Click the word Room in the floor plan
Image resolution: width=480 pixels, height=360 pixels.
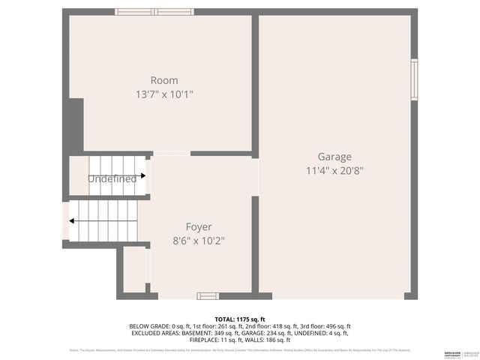(164, 80)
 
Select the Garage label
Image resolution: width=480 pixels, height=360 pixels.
(334, 157)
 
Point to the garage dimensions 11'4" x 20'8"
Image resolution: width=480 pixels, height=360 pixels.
(334, 170)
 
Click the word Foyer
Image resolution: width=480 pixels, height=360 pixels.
(199, 226)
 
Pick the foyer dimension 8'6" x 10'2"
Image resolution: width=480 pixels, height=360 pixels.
(199, 241)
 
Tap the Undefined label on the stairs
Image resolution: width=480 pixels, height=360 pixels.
(112, 179)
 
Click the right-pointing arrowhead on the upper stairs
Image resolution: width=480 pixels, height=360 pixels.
(142, 176)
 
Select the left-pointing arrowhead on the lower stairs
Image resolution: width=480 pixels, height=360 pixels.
(72, 221)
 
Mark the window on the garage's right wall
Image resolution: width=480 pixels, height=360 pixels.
(414, 79)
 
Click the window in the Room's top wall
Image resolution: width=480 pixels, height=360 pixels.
(154, 11)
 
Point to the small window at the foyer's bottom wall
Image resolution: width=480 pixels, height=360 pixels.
(208, 296)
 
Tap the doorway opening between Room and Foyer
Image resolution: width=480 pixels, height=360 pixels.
(171, 153)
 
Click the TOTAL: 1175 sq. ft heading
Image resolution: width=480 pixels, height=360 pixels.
(240, 319)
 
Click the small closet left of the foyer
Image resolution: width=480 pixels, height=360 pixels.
(134, 269)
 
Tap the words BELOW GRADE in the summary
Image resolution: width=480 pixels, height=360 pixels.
(148, 326)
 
